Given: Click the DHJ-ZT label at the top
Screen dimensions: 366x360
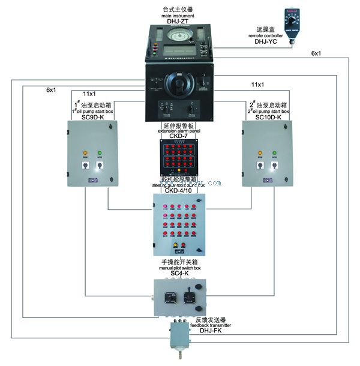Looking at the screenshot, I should tap(179, 21).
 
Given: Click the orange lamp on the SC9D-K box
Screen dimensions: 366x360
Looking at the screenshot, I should tap(85, 152).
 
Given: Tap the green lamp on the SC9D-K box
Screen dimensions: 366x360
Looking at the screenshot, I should tap(100, 152).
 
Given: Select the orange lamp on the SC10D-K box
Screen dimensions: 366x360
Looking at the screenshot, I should tap(260, 152).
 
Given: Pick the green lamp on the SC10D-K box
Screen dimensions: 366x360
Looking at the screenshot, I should tap(275, 152).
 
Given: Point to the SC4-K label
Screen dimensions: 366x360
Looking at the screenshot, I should tap(179, 273).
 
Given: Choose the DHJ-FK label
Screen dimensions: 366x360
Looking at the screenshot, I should tap(214, 331).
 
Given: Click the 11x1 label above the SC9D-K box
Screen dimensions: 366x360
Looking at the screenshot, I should tap(89, 94).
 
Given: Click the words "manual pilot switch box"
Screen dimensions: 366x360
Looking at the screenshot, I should tap(179, 268).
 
